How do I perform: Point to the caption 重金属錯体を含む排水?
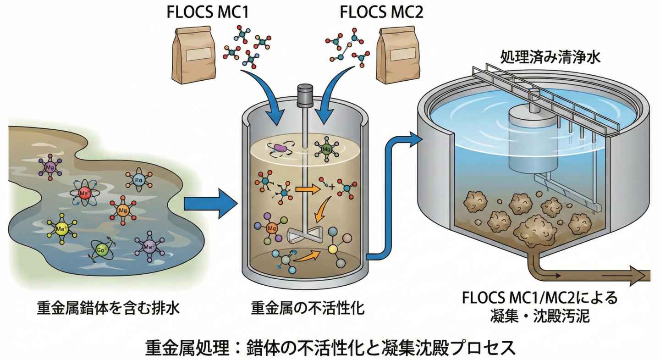coord(108,308)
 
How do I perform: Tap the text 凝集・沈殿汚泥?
coord(539,316)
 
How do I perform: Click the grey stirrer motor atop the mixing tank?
coord(302,95)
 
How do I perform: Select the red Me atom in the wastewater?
coord(84,193)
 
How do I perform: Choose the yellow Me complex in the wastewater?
coord(61,228)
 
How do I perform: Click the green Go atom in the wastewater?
coord(101,251)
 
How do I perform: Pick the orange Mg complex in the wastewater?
coord(122,210)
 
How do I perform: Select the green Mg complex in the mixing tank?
coord(326,149)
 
